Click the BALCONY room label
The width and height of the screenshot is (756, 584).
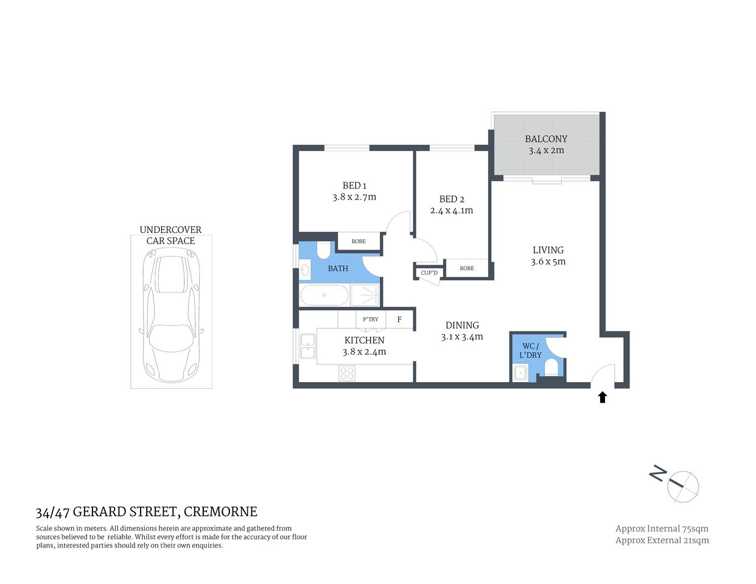546,139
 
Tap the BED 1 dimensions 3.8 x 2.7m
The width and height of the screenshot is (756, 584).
354,197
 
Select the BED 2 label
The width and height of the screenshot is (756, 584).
452,199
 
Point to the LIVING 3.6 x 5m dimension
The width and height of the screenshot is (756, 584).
548,262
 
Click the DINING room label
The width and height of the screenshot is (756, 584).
462,325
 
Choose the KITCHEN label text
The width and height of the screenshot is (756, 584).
364,340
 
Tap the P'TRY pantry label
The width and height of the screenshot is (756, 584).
370,319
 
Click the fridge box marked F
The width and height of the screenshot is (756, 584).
399,319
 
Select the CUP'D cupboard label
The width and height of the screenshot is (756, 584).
429,273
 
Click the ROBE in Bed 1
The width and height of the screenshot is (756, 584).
359,242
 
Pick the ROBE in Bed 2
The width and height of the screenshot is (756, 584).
467,268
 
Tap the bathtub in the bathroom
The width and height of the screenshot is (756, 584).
324,296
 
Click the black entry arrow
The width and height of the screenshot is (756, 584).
603,397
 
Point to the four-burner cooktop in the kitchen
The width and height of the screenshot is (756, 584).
347,373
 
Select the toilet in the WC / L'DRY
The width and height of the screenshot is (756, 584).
551,368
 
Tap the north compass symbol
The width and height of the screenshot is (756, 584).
682,486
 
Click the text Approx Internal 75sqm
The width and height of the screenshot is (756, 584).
662,529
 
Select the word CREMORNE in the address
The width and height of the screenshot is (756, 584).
220,512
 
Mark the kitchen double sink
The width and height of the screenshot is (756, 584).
307,346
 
